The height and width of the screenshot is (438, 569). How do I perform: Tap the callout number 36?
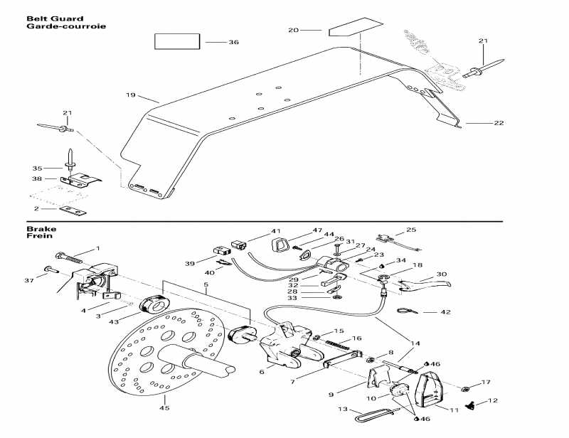click(x=234, y=43)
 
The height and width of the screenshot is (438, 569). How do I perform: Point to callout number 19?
click(x=131, y=95)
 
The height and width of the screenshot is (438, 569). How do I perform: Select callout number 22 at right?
click(x=499, y=123)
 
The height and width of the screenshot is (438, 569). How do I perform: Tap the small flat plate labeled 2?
click(x=73, y=210)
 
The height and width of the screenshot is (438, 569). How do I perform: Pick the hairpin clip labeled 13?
click(x=376, y=415)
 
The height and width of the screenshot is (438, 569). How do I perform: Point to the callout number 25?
click(x=411, y=230)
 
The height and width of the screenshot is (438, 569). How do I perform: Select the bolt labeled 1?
click(x=68, y=257)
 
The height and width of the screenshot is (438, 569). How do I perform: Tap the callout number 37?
click(x=29, y=280)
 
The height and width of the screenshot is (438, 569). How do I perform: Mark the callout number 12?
click(x=493, y=401)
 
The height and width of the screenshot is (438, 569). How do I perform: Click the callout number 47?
click(x=317, y=231)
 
